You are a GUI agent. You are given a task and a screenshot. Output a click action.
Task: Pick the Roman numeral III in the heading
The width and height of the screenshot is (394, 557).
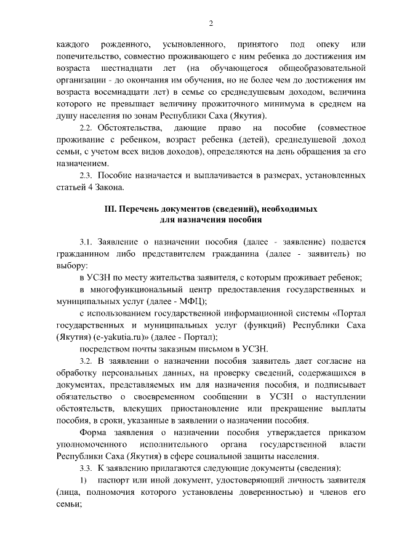[x=113, y=209]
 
